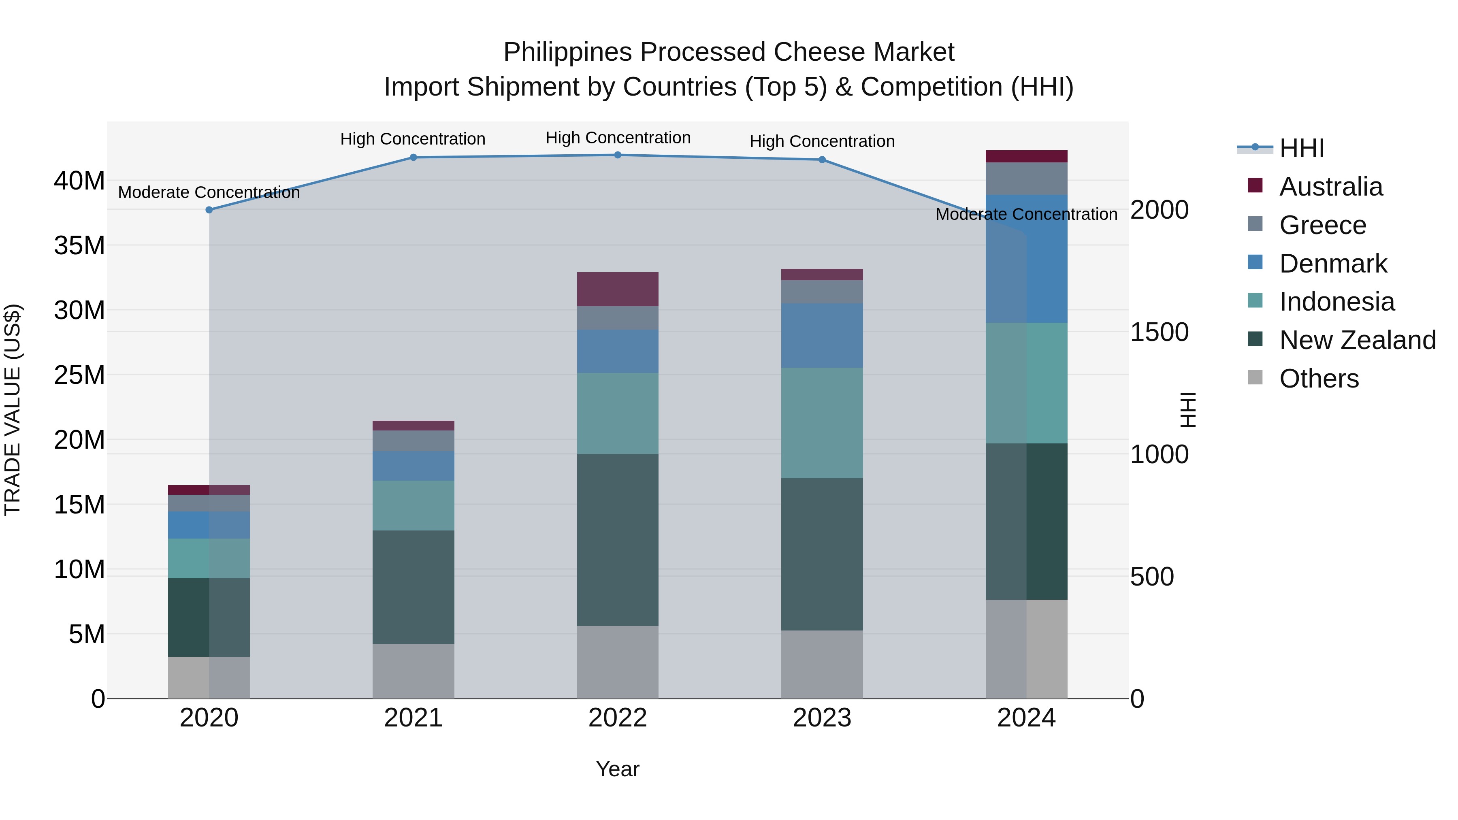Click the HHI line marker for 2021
tap(413, 158)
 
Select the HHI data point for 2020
tap(209, 210)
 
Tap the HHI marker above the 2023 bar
tap(822, 160)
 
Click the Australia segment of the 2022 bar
tap(618, 289)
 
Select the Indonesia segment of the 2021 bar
tap(413, 505)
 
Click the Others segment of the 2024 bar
tap(1026, 649)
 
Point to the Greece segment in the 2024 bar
tap(1026, 178)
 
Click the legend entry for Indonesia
tap(1336, 302)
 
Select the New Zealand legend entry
tap(1357, 340)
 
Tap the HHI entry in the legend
tap(1301, 148)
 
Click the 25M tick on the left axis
tap(79, 375)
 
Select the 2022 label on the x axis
tap(618, 718)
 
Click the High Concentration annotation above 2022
tap(618, 138)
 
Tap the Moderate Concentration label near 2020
tap(209, 192)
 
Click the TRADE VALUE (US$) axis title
tap(13, 410)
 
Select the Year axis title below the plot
tap(618, 769)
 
